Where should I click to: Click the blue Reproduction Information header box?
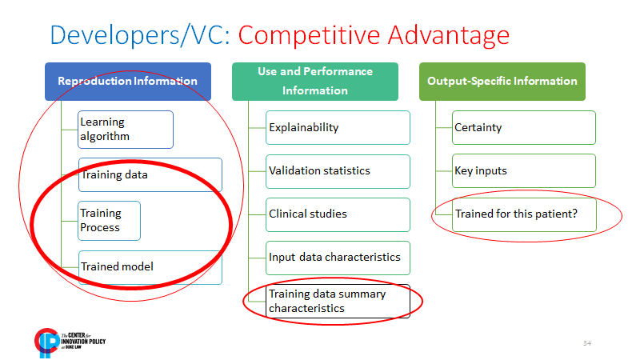(128, 81)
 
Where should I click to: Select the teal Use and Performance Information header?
(315, 81)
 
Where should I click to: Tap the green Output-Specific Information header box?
(502, 81)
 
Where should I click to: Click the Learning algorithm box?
(126, 129)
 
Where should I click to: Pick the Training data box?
(150, 174)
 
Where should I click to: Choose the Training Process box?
(110, 220)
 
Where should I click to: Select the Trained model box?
(150, 266)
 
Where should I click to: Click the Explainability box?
(338, 127)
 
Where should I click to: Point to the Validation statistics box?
(338, 170)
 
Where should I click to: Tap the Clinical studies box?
(338, 214)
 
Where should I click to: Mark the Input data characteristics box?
(338, 257)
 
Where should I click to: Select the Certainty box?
(524, 127)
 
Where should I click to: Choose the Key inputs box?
(524, 170)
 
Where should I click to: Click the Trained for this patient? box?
(524, 214)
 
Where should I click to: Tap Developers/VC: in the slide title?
(141, 36)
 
